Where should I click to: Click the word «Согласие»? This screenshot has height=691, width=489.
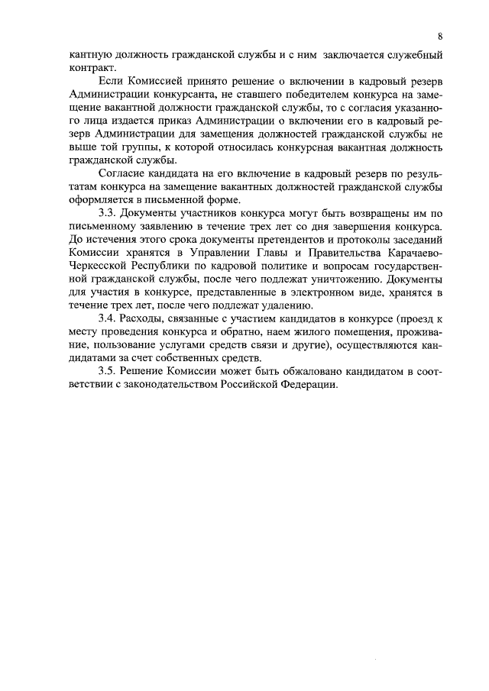(x=123, y=173)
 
